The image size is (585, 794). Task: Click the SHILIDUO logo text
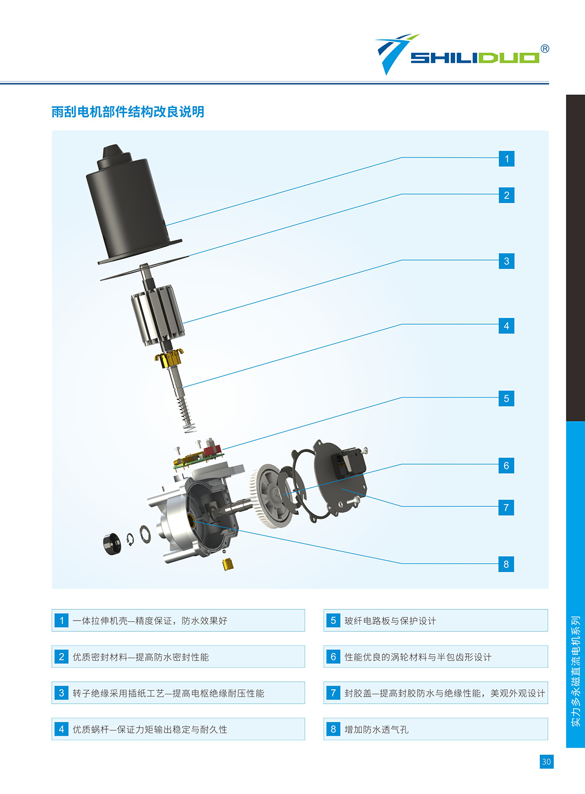[x=475, y=58]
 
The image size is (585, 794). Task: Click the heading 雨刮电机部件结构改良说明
[x=128, y=112]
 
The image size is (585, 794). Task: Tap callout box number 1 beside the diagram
[x=506, y=158]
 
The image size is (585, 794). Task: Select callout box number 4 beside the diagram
[x=506, y=326]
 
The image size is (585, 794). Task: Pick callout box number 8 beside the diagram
[x=506, y=564]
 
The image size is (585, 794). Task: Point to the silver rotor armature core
[x=158, y=315]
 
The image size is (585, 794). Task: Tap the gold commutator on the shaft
[x=170, y=358]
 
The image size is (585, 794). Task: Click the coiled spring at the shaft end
[x=187, y=414]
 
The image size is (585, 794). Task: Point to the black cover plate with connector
[x=340, y=477]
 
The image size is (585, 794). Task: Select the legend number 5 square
[x=333, y=620]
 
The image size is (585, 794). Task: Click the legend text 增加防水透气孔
[x=377, y=729]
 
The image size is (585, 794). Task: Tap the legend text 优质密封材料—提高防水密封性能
[x=141, y=657]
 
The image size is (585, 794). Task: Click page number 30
[x=546, y=762]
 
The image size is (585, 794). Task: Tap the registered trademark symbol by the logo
[x=545, y=48]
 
